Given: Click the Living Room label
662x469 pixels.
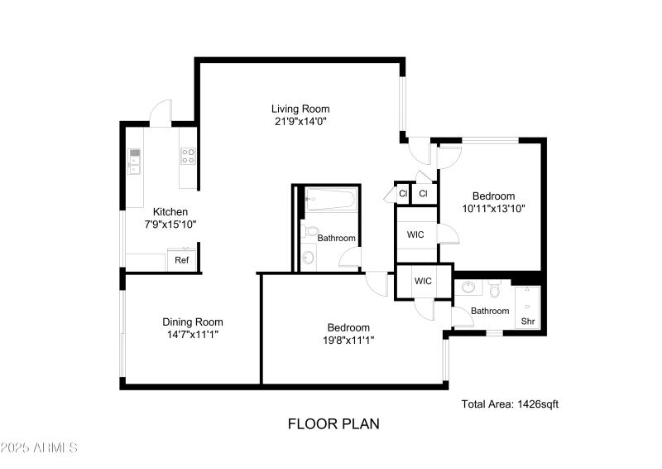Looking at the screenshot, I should tap(300, 109).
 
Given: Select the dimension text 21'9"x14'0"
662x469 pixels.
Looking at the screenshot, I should tap(300, 121).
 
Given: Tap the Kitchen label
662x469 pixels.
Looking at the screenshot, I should tap(170, 211).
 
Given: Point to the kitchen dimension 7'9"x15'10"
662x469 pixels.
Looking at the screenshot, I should tap(170, 224).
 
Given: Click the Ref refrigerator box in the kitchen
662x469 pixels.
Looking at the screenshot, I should tap(181, 261).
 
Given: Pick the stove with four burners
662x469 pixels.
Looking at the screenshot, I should tap(188, 155).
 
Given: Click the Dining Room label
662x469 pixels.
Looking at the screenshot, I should tap(192, 322).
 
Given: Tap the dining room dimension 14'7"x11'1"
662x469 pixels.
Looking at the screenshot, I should tap(192, 335).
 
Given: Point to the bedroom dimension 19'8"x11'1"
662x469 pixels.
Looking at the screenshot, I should tap(348, 339).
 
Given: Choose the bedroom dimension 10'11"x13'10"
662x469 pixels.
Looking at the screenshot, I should tap(494, 209).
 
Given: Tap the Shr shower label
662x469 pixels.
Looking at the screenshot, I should tap(526, 322).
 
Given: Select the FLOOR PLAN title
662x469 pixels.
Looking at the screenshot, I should tap(333, 424).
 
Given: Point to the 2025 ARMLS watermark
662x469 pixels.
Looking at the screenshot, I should tap(39, 448).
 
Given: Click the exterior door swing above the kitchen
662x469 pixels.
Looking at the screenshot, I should tap(161, 114).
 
